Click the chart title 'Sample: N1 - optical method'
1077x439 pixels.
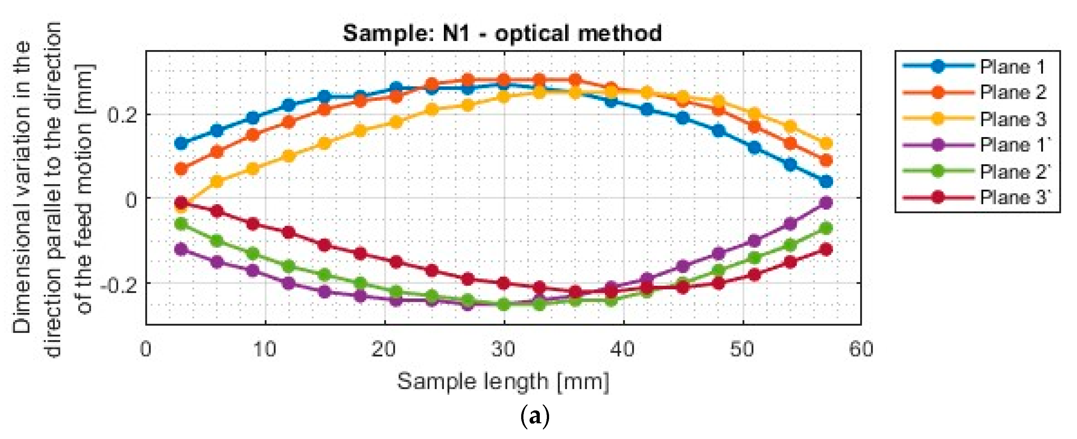tap(502, 33)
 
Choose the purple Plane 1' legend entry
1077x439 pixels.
tap(1014, 145)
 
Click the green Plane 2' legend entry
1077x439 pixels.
tap(1014, 171)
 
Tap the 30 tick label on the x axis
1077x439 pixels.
tap(504, 349)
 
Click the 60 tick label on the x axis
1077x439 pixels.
tap(861, 349)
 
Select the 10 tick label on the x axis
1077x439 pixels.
tap(265, 349)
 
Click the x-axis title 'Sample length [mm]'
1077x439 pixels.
tap(503, 381)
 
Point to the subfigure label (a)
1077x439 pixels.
tap(535, 417)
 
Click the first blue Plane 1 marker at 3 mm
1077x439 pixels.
tap(181, 143)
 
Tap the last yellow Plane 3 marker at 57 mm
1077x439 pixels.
tap(826, 143)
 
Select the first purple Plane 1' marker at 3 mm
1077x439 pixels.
tap(181, 250)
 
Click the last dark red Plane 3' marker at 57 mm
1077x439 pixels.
tap(826, 250)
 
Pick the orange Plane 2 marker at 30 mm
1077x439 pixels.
tap(504, 80)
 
